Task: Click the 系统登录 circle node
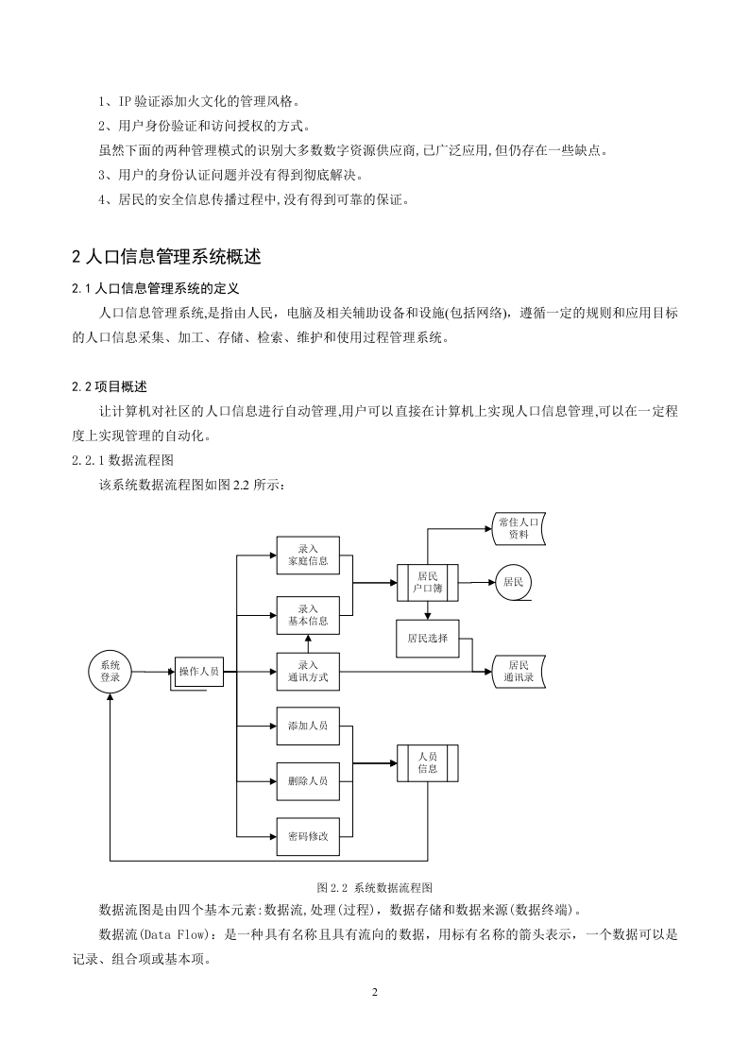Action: pyautogui.click(x=110, y=672)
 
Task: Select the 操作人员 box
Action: pyautogui.click(x=199, y=672)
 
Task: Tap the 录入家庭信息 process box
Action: pyautogui.click(x=308, y=555)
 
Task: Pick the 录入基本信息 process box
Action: pyautogui.click(x=308, y=615)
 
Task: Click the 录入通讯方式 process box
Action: pyautogui.click(x=308, y=672)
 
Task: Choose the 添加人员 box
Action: pyautogui.click(x=308, y=727)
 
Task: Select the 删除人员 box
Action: pyautogui.click(x=308, y=781)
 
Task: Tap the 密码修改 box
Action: pyautogui.click(x=308, y=837)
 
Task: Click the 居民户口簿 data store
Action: pyautogui.click(x=428, y=583)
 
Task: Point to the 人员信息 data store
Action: pyautogui.click(x=428, y=763)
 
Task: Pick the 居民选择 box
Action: pyautogui.click(x=428, y=638)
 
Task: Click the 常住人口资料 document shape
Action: pyautogui.click(x=519, y=529)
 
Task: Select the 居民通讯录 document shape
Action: pyautogui.click(x=519, y=672)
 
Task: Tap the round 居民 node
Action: pyautogui.click(x=514, y=582)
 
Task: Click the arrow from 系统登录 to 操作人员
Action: pyautogui.click(x=153, y=672)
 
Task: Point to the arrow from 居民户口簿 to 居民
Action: pyautogui.click(x=478, y=582)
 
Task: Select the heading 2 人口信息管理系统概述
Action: pyautogui.click(x=166, y=257)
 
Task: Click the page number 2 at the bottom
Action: pyautogui.click(x=374, y=992)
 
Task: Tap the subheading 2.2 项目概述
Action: pyautogui.click(x=110, y=386)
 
